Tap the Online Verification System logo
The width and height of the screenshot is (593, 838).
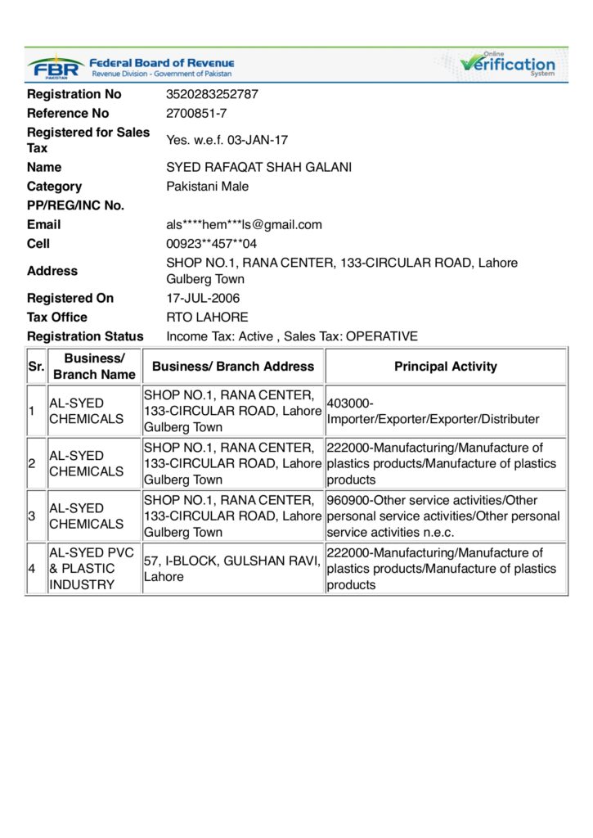click(x=507, y=64)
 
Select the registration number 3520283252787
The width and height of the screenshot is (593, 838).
click(x=212, y=94)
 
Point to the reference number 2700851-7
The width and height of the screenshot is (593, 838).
click(x=196, y=113)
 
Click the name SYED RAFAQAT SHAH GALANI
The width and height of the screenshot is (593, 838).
click(x=258, y=167)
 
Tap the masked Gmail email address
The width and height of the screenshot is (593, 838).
click(x=244, y=224)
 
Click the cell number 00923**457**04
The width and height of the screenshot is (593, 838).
click(x=211, y=243)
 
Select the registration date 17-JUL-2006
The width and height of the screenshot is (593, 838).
click(x=203, y=298)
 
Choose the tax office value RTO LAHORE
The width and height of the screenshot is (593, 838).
click(x=207, y=317)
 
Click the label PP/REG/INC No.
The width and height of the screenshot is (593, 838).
click(x=75, y=205)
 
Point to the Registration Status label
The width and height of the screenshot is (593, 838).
click(x=85, y=336)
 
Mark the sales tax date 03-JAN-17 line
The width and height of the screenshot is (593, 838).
click(x=227, y=140)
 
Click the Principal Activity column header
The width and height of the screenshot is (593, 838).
click(x=445, y=367)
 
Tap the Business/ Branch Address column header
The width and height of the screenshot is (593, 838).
click(x=233, y=367)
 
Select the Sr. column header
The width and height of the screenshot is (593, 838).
click(x=36, y=367)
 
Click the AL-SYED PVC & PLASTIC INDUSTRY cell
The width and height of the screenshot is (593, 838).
click(x=92, y=569)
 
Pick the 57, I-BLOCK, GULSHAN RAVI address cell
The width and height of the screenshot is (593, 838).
click(x=232, y=569)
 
